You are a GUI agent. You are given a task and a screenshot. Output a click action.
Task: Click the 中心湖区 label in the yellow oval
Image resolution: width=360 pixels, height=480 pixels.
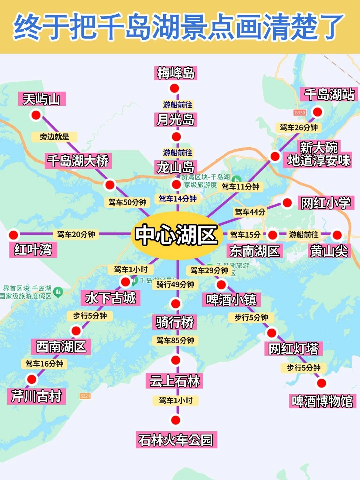point(176,235)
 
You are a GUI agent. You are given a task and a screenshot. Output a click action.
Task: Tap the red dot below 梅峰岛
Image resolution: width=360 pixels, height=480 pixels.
point(174,88)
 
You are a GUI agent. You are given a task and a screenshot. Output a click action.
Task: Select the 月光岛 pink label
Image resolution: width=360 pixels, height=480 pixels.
point(176,120)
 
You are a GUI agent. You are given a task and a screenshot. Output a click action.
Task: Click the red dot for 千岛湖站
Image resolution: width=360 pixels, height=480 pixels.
point(318,112)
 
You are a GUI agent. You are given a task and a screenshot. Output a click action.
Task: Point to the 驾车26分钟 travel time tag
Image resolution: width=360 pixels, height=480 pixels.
point(299,127)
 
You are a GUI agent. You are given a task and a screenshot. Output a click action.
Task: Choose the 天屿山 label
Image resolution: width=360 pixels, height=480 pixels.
point(42,99)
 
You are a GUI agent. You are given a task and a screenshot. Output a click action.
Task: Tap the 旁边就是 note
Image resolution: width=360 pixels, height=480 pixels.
point(54,137)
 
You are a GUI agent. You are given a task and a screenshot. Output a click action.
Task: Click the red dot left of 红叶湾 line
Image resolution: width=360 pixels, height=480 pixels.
point(13,235)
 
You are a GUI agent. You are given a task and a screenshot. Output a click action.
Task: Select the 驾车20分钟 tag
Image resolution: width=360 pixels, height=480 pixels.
point(76,234)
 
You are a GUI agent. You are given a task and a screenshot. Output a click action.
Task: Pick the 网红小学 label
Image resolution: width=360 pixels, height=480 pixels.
point(326,203)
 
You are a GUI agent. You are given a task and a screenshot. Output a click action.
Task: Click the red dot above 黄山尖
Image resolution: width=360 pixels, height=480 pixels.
point(337,235)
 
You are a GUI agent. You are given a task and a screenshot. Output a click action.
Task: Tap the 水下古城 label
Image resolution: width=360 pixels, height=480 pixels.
point(110,298)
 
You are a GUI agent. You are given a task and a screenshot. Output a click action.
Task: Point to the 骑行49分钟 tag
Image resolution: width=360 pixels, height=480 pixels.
point(175,284)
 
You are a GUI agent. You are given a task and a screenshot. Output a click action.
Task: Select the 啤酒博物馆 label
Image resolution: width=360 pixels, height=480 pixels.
point(322,401)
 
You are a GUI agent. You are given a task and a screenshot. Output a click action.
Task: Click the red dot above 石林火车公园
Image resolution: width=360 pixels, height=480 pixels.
point(175,420)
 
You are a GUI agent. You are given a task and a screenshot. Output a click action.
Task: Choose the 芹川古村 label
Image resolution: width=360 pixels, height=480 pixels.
point(36,396)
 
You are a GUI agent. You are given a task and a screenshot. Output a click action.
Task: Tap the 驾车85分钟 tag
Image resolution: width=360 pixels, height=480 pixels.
point(175,340)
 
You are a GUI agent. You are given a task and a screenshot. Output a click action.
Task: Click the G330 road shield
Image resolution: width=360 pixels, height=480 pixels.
point(300,113)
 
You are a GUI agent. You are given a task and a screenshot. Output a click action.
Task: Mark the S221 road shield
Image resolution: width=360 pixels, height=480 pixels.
point(85,396)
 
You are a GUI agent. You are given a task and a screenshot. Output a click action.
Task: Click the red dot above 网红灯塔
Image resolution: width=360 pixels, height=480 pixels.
point(272,332)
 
